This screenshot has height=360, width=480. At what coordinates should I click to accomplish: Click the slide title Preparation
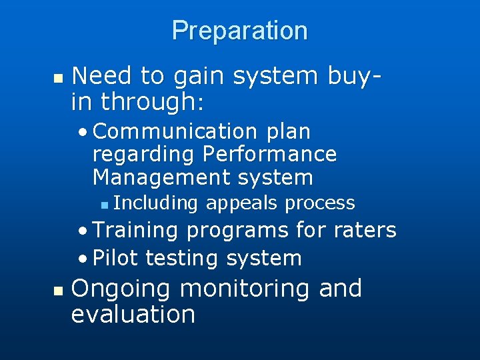(239, 31)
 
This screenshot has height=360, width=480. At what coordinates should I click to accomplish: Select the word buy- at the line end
(357, 76)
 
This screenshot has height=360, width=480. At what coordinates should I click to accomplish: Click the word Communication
(175, 132)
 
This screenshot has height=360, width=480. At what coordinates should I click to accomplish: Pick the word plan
(288, 132)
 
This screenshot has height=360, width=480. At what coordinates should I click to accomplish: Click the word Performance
(269, 155)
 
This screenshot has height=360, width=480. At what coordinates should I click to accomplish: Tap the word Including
(157, 203)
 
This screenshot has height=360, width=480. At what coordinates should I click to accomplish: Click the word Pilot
(116, 258)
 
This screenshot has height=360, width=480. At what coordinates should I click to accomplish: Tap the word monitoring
(245, 289)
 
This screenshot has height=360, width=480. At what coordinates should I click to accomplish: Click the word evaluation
(133, 314)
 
